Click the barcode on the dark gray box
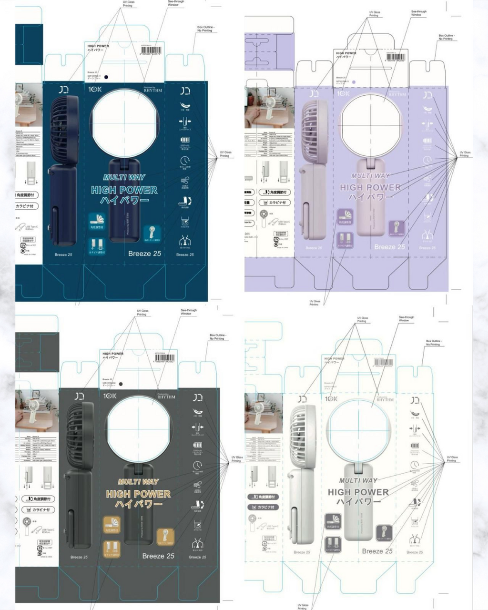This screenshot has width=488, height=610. (163, 358)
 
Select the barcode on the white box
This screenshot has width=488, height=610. (383, 363)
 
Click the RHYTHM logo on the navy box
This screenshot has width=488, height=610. (152, 90)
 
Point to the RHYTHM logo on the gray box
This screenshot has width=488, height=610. (166, 396)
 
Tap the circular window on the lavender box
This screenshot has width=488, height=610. (371, 122)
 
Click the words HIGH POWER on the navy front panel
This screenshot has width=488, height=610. (124, 190)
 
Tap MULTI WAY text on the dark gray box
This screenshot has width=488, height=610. (138, 481)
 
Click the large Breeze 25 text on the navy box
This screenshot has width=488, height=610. (144, 254)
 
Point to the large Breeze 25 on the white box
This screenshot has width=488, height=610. (377, 551)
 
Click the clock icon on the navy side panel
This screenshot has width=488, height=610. (185, 161)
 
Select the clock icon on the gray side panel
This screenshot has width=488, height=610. (197, 465)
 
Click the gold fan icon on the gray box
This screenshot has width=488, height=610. (165, 536)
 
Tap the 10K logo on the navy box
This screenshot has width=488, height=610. (95, 89)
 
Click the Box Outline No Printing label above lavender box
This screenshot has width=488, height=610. (447, 37)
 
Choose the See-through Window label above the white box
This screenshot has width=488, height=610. (406, 318)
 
